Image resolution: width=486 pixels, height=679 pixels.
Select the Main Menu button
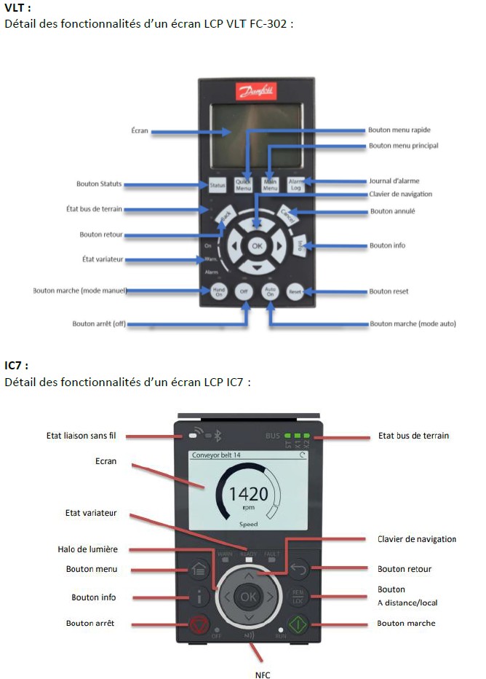[x=271, y=185]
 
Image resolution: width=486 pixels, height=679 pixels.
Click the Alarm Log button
[x=296, y=185]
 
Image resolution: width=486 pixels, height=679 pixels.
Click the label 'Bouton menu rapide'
[x=399, y=130]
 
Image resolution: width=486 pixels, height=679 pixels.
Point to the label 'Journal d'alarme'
[x=394, y=181]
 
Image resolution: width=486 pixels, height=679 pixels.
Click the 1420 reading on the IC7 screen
[x=248, y=495]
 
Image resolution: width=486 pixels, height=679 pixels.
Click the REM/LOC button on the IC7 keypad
[x=298, y=597]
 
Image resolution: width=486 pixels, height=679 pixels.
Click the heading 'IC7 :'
[x=17, y=365]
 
